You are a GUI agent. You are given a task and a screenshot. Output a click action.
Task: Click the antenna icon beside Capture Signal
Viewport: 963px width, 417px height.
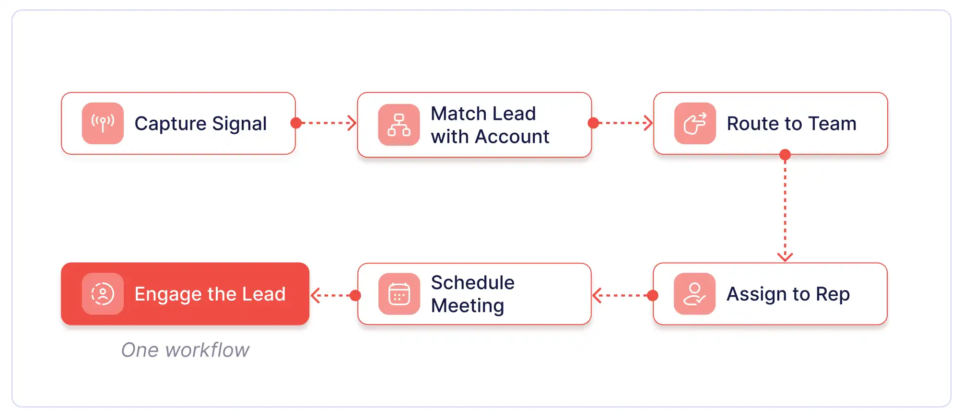click(x=103, y=123)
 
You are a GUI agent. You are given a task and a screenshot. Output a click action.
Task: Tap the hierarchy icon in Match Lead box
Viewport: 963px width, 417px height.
click(x=399, y=125)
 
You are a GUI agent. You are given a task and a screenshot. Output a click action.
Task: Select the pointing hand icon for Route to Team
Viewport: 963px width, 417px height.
click(x=695, y=123)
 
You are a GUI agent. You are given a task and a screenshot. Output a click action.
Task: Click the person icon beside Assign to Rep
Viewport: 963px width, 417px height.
click(x=694, y=294)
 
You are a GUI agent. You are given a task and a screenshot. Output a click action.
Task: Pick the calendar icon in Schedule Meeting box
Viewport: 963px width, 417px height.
click(x=399, y=294)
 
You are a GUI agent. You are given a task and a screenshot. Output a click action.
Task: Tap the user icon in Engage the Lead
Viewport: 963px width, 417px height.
click(x=103, y=294)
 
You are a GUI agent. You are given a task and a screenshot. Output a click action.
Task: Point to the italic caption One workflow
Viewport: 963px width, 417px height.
click(x=186, y=350)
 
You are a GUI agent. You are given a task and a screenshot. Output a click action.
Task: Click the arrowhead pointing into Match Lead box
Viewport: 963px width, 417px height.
click(x=352, y=123)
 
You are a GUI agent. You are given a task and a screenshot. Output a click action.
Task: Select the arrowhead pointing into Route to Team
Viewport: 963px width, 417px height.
click(x=648, y=123)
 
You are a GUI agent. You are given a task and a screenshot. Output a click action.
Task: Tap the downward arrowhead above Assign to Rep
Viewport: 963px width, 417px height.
click(x=785, y=257)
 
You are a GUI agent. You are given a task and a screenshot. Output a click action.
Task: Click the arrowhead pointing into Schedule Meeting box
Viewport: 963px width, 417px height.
click(x=597, y=296)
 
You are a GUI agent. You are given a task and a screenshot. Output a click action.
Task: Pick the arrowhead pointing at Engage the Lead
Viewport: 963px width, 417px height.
click(x=315, y=296)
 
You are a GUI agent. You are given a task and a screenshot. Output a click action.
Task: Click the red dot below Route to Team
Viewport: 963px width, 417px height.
click(x=785, y=155)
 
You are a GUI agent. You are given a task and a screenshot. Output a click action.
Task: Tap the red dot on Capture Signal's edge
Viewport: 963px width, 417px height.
click(x=296, y=123)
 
